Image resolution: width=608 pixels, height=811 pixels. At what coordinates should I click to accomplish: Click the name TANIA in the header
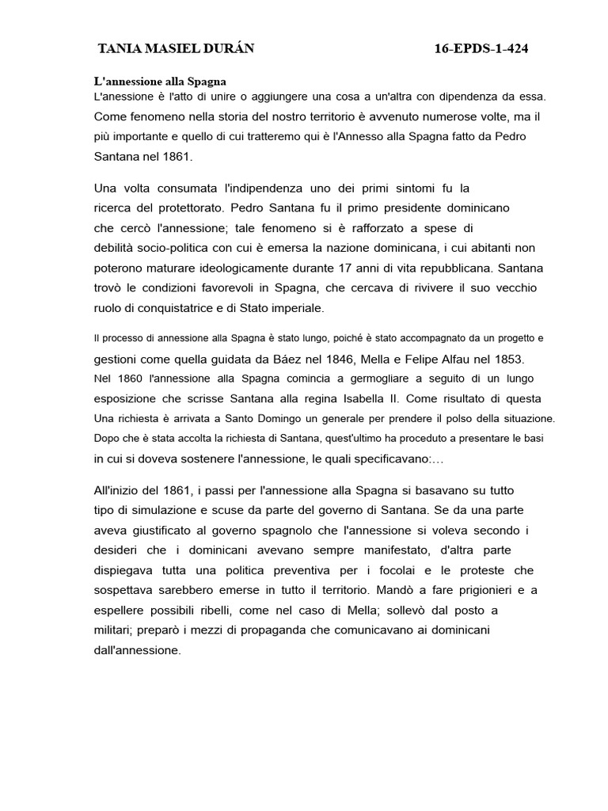[x=118, y=49]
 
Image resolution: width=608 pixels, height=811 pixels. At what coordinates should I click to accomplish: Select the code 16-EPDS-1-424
[x=481, y=49]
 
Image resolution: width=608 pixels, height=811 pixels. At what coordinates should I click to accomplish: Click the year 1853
[x=505, y=359]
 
